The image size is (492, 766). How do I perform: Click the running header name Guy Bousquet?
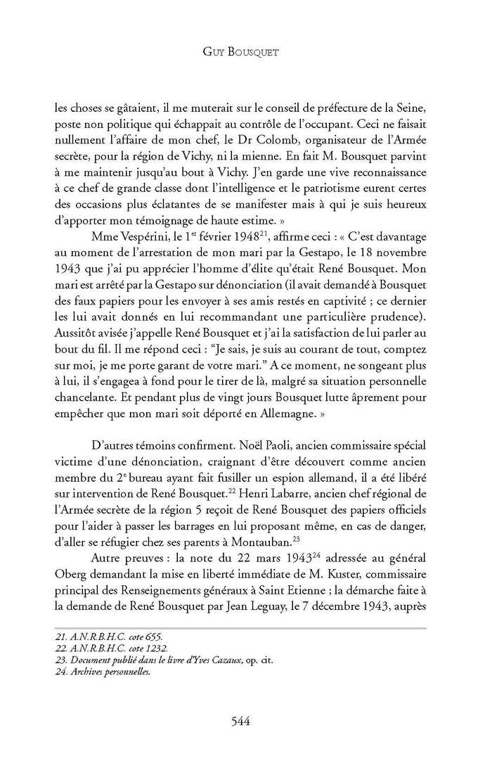(x=246, y=52)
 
